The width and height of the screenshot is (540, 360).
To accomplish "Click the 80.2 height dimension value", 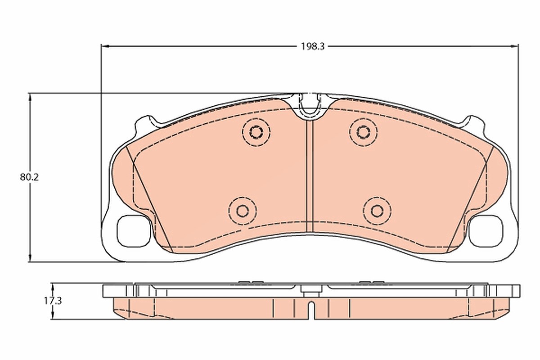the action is [x=29, y=177].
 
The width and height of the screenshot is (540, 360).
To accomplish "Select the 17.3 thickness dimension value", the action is [x=53, y=301].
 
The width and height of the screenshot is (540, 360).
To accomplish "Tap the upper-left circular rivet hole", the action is [x=256, y=132].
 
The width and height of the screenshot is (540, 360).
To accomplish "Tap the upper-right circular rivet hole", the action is [x=363, y=132].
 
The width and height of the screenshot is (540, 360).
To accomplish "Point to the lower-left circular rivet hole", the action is [x=243, y=211].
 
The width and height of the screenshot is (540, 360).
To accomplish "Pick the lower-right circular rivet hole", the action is [x=377, y=211].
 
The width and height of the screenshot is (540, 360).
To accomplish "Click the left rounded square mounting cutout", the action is [x=134, y=231].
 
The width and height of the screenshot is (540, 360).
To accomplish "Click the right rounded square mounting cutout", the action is [x=486, y=231].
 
